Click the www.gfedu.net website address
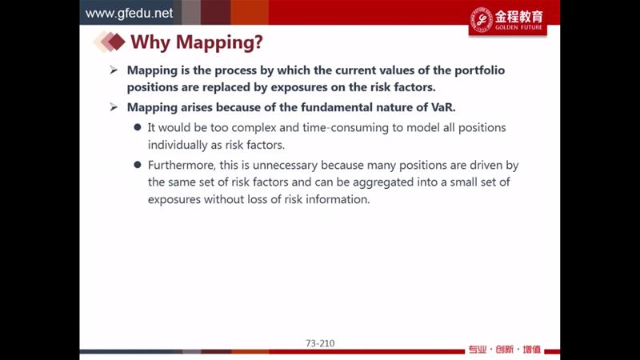point(129,14)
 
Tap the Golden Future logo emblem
point(482,19)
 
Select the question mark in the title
point(258,42)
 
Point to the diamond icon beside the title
point(109,42)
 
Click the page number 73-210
point(320,343)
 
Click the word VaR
point(443,107)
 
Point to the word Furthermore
point(183,166)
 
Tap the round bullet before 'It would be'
point(138,127)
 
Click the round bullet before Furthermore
point(138,165)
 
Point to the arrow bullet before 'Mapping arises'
point(114,107)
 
